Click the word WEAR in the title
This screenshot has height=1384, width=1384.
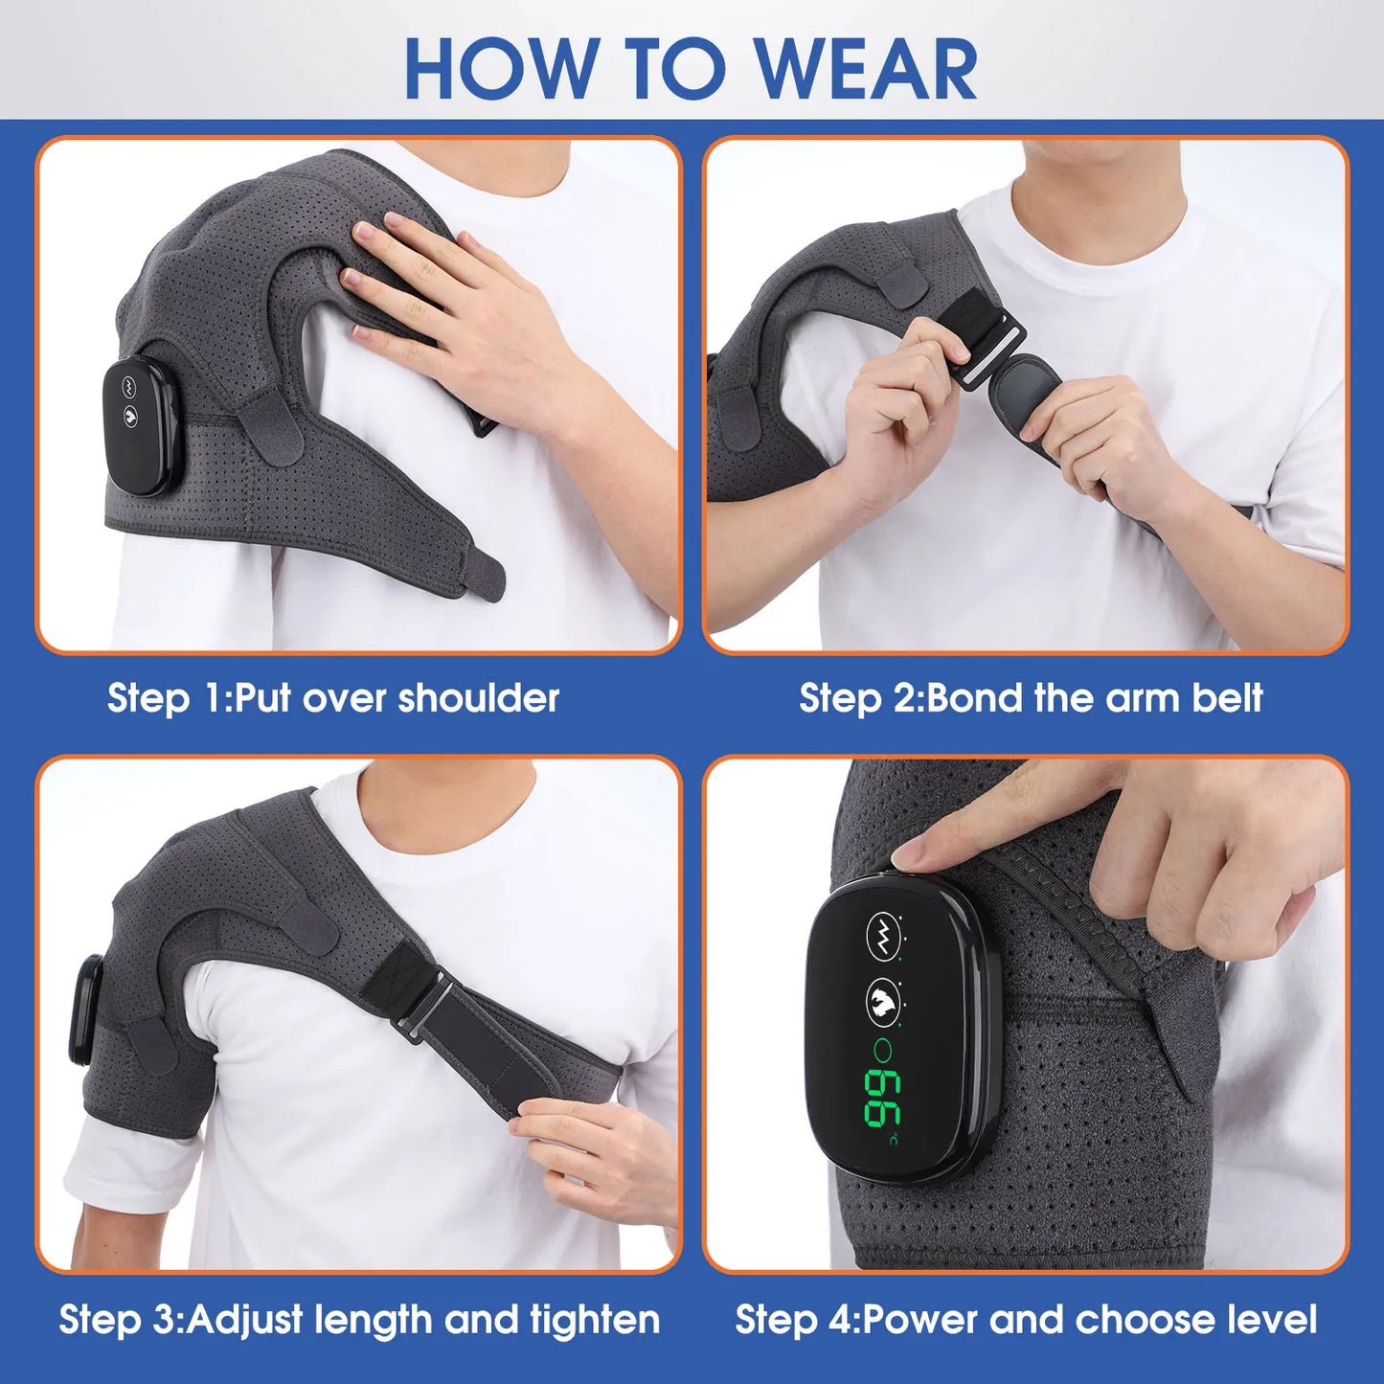pos(866,69)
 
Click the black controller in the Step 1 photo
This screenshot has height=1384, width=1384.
pos(137,426)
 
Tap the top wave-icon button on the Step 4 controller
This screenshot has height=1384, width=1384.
pos(883,933)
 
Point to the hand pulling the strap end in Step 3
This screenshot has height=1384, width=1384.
pos(584,1149)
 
